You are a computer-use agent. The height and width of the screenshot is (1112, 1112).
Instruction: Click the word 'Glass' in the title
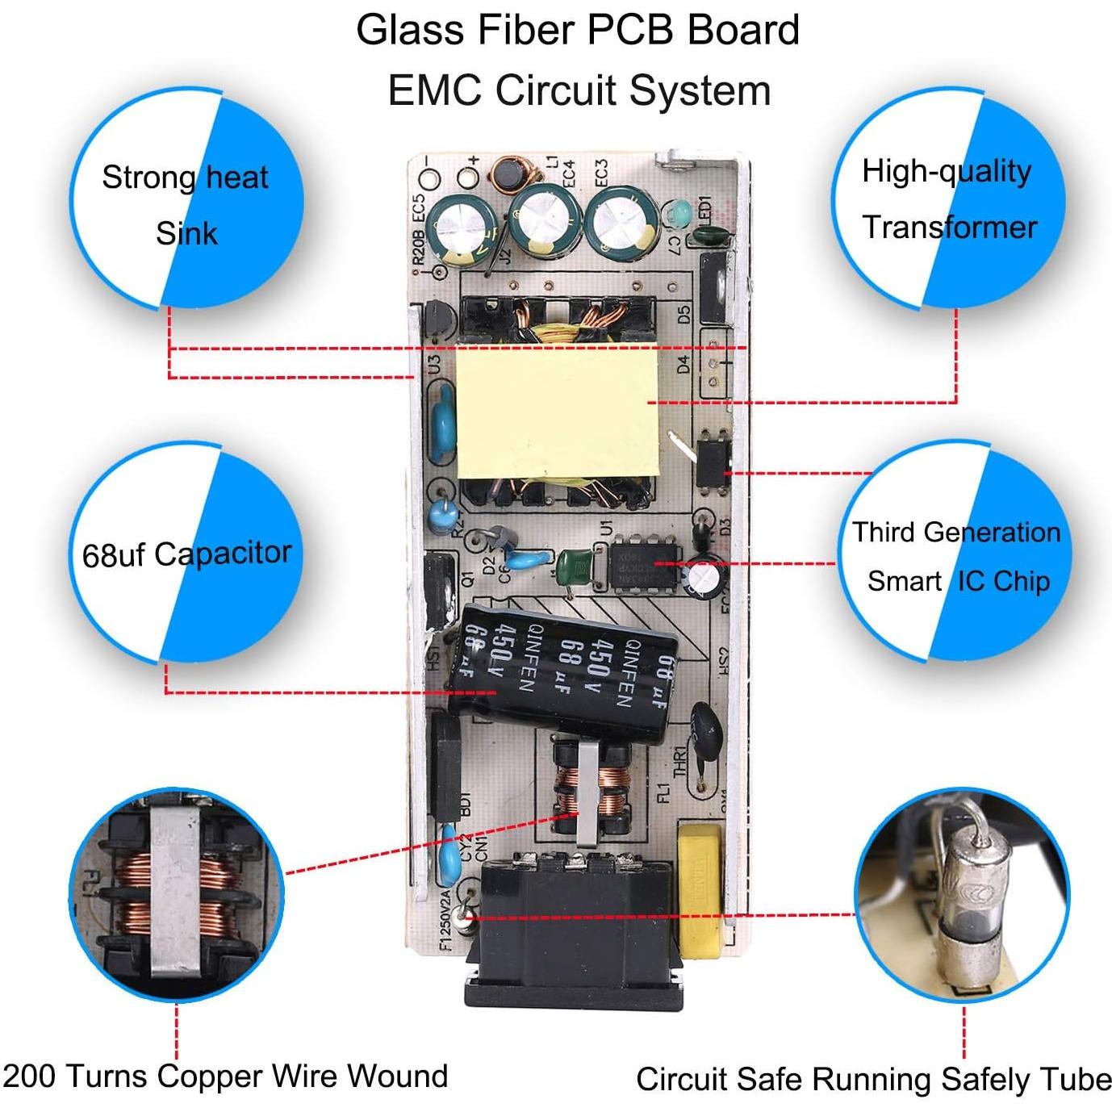pyautogui.click(x=411, y=31)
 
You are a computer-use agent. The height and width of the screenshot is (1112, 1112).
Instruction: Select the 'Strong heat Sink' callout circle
pyautogui.click(x=186, y=199)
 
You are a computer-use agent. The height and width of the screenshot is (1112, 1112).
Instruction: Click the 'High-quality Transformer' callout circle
pyautogui.click(x=948, y=199)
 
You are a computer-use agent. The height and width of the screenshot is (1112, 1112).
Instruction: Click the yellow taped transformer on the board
pyautogui.click(x=557, y=412)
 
